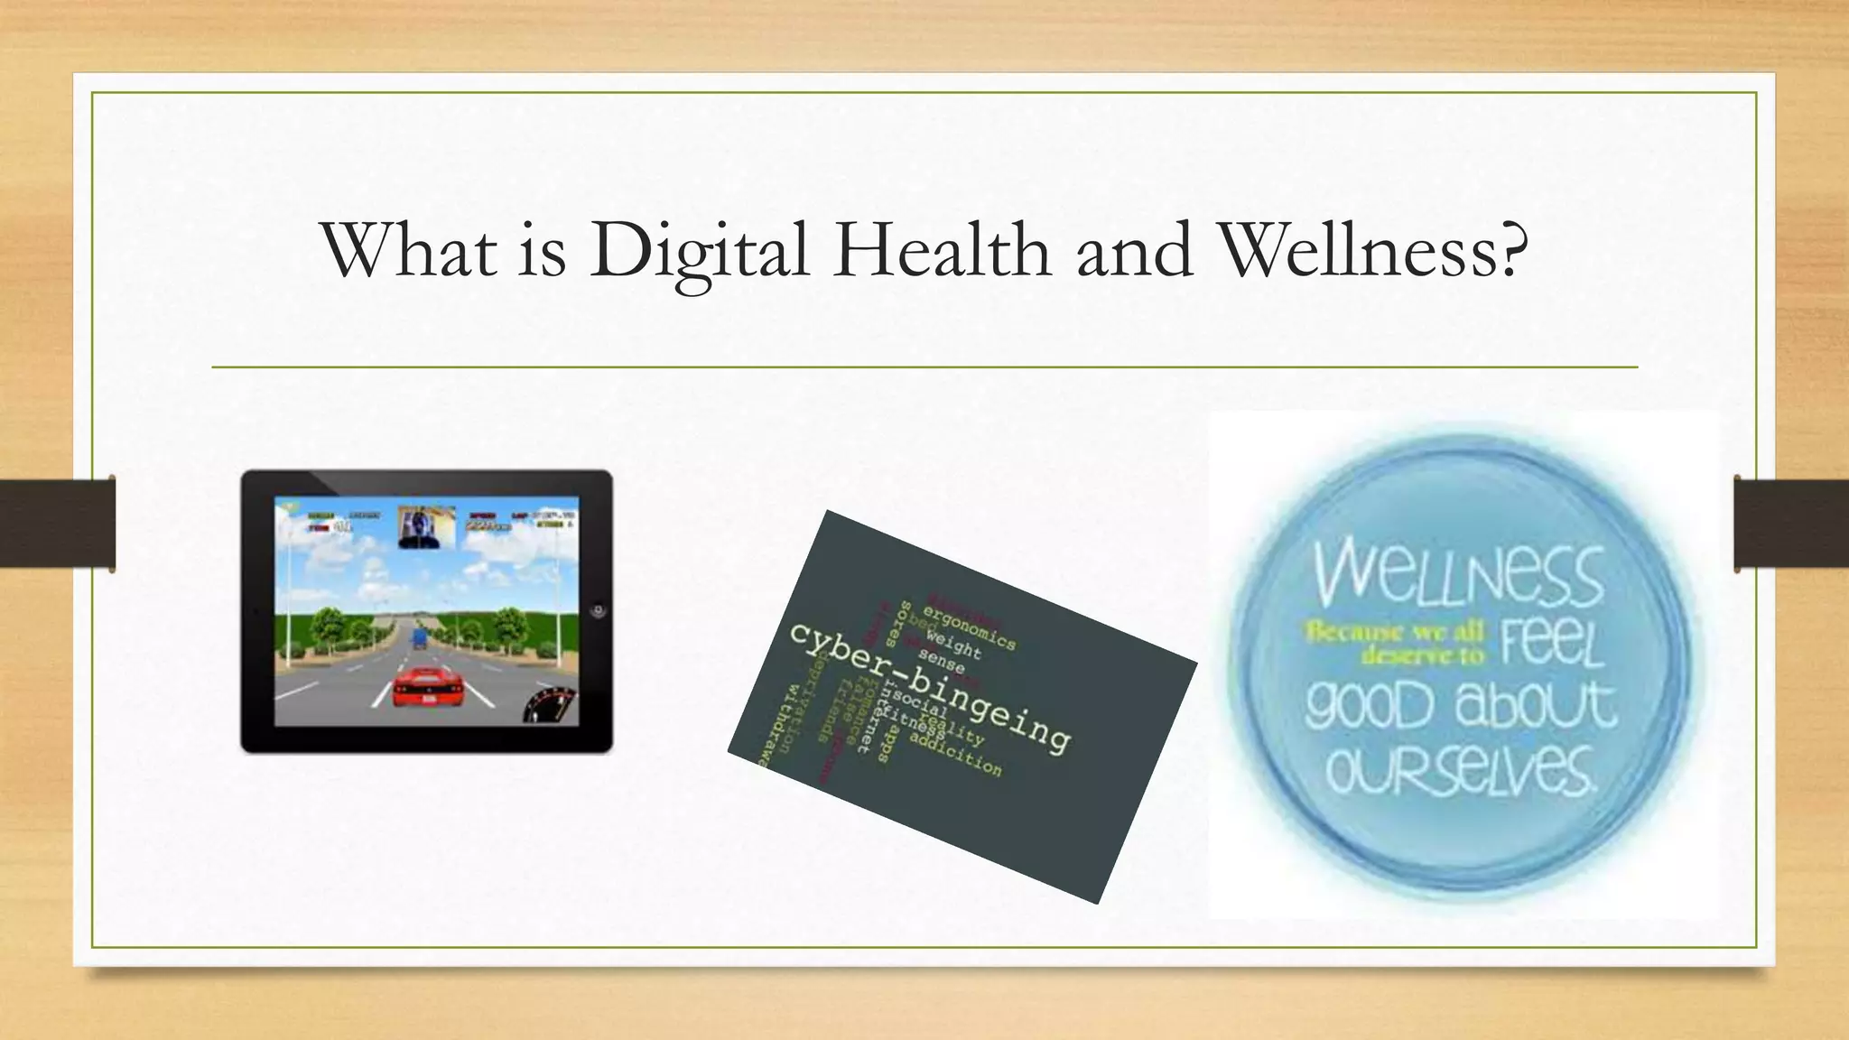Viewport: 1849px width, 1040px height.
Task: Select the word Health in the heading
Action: click(x=942, y=249)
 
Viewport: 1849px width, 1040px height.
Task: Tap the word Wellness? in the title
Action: click(x=1372, y=249)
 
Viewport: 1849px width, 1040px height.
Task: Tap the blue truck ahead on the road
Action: click(x=419, y=639)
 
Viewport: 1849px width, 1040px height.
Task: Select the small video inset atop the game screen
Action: click(x=426, y=526)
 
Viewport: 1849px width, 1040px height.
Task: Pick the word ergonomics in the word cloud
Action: click(x=969, y=629)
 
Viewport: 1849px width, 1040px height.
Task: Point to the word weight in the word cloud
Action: click(x=952, y=647)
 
